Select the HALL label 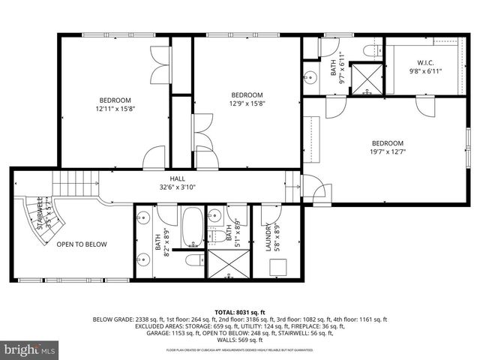click(177, 178)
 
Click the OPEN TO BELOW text click(82, 244)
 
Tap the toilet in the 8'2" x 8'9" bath click(193, 262)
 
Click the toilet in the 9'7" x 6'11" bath click(370, 49)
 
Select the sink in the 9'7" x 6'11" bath click(310, 76)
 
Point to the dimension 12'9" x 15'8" click(247, 103)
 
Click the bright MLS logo click(30, 349)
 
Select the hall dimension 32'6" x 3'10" click(177, 187)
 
